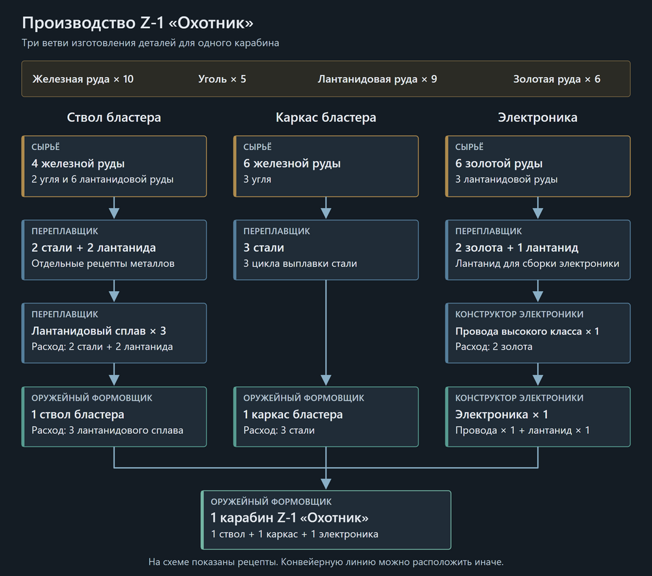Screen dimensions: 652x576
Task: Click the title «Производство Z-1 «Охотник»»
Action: point(137,23)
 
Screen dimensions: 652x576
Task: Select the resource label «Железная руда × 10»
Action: point(83,79)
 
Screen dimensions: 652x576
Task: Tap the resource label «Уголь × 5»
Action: point(222,79)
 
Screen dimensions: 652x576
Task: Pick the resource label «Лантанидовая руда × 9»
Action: point(377,79)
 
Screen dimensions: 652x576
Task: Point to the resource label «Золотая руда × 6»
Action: point(556,79)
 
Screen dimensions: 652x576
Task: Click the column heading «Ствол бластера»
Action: point(114,117)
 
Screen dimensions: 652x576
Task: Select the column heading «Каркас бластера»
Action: point(326,117)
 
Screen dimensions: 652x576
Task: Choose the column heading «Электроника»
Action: point(538,117)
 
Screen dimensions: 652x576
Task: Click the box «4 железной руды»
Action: point(114,166)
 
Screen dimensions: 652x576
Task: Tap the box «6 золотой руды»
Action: point(538,166)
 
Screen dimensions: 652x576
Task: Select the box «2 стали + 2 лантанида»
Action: point(114,250)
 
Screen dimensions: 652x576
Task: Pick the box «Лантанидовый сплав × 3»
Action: point(114,333)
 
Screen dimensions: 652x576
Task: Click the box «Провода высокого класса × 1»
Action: point(538,333)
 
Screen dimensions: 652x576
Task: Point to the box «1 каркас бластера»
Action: point(326,417)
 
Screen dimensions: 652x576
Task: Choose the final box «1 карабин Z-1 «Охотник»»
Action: point(326,520)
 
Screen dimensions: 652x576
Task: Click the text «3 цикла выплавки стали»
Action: point(300,264)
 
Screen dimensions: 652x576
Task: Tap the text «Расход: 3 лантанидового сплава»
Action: point(108,431)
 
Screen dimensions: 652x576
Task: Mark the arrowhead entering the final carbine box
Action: point(326,484)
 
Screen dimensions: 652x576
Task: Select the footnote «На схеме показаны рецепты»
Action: point(213,562)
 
